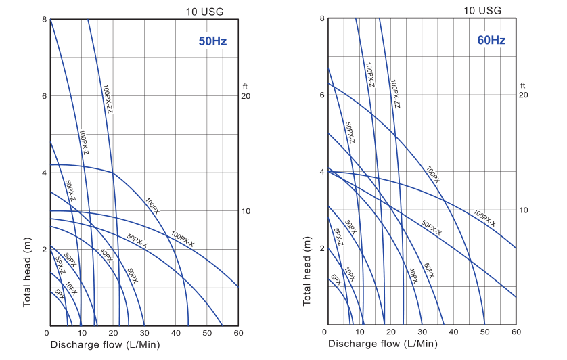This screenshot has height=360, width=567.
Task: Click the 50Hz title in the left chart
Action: click(212, 41)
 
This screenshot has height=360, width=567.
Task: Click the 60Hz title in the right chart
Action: click(491, 40)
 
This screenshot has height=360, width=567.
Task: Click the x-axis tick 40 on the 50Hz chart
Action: click(175, 333)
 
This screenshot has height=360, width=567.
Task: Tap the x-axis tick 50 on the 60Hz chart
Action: click(484, 332)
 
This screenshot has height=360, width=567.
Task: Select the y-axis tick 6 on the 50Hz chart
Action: click(43, 96)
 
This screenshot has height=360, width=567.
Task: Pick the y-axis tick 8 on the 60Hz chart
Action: click(321, 18)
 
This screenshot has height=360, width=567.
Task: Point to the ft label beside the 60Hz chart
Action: click(523, 85)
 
